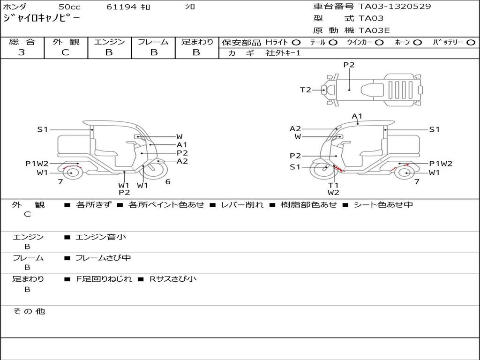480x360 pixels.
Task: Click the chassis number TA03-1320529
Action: point(395,7)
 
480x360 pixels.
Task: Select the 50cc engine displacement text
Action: point(69,7)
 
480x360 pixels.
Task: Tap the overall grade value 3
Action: point(22,52)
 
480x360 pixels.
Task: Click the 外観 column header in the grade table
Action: point(66,42)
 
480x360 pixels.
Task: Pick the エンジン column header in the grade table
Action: point(109,42)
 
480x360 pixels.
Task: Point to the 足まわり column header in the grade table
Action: point(197,42)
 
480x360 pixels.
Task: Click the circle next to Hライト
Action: point(296,43)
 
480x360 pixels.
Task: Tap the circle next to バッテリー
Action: point(471,43)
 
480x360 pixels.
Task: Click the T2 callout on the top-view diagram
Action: point(306,90)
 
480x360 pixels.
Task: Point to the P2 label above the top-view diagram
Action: point(349,65)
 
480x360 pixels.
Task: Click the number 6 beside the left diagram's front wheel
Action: point(167,182)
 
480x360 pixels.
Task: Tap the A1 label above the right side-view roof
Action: point(357,116)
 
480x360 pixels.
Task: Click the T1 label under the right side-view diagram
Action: point(333,185)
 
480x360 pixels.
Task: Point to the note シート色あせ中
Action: point(383,205)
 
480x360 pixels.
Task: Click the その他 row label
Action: point(29,311)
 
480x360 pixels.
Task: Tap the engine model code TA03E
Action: point(374,30)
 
